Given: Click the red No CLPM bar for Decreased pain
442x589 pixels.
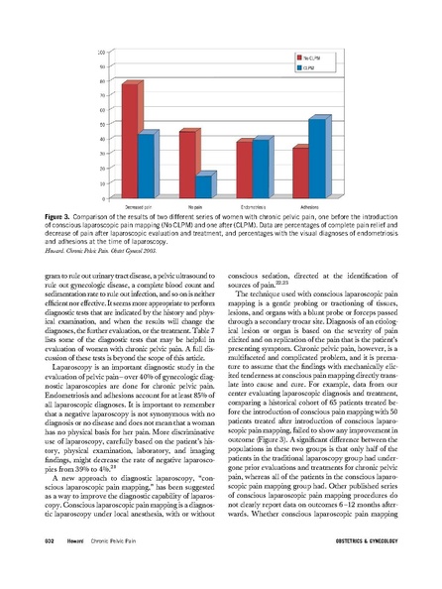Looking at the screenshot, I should [128, 140].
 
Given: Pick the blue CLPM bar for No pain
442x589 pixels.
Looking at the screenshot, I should [204, 185].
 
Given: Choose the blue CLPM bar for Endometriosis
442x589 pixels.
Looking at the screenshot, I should [262, 169].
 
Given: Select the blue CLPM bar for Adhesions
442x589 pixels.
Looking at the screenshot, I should [318, 158].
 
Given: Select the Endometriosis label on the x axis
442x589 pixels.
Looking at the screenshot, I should [252, 206].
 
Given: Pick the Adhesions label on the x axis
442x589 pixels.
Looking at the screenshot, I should [309, 206].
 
